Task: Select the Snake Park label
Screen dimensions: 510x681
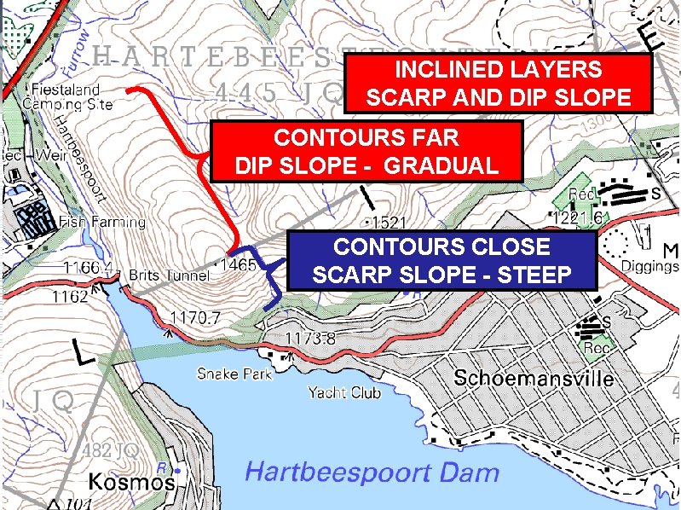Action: (234, 374)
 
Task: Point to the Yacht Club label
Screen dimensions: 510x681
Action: (343, 392)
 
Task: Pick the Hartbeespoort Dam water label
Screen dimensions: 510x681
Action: (372, 472)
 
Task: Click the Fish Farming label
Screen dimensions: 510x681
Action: (102, 222)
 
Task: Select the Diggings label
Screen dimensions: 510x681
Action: (649, 266)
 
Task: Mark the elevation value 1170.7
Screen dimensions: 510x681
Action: (196, 318)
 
